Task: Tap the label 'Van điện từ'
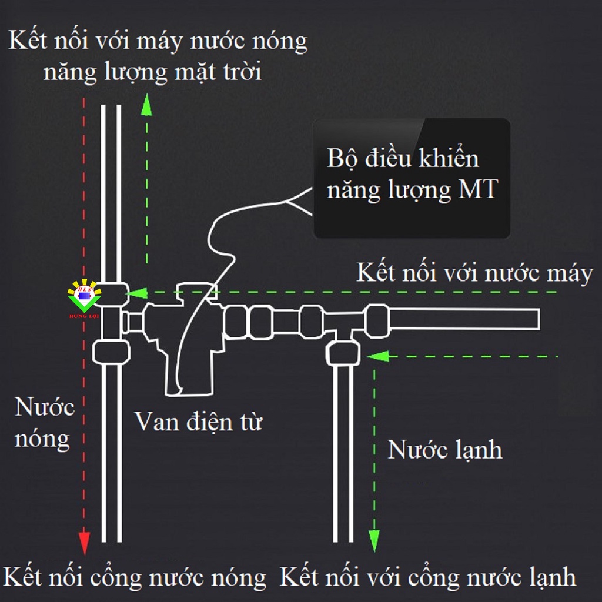point(199,422)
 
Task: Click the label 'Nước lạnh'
point(445,450)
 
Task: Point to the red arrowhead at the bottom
point(84,541)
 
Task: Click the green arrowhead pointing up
point(146,106)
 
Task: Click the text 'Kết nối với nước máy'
point(474,273)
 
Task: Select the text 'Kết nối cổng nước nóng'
point(135,577)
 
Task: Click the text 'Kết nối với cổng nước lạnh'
point(427,577)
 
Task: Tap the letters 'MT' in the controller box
point(474,190)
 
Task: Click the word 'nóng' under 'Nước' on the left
point(42,439)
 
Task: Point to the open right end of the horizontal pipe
point(536,318)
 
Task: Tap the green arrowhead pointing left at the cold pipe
point(376,356)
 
